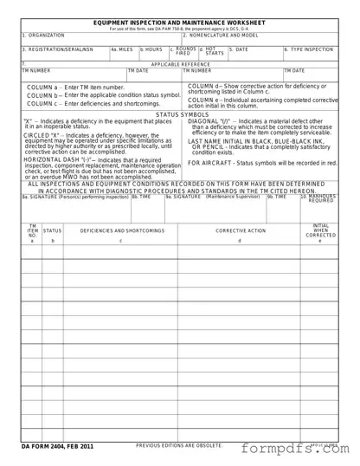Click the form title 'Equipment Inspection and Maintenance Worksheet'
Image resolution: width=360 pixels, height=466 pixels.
[180, 22]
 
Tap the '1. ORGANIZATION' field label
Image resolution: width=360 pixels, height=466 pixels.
[43, 36]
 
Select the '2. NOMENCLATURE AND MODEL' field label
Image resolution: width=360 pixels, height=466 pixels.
[221, 36]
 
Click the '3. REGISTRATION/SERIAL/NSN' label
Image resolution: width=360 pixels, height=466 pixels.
[58, 49]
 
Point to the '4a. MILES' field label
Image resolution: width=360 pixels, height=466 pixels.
[122, 49]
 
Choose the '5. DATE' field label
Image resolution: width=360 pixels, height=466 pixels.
[238, 49]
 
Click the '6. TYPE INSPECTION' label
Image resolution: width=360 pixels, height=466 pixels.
[309, 49]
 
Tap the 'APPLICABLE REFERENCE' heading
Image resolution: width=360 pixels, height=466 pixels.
[180, 64]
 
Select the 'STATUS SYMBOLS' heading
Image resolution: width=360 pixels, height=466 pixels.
[182, 114]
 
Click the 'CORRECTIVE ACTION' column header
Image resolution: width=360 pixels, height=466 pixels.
[241, 231]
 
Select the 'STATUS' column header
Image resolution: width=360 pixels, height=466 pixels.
[53, 231]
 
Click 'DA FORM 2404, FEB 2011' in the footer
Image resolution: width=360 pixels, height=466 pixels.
[58, 446]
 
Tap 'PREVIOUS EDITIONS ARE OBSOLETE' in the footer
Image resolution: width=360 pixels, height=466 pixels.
[179, 445]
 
